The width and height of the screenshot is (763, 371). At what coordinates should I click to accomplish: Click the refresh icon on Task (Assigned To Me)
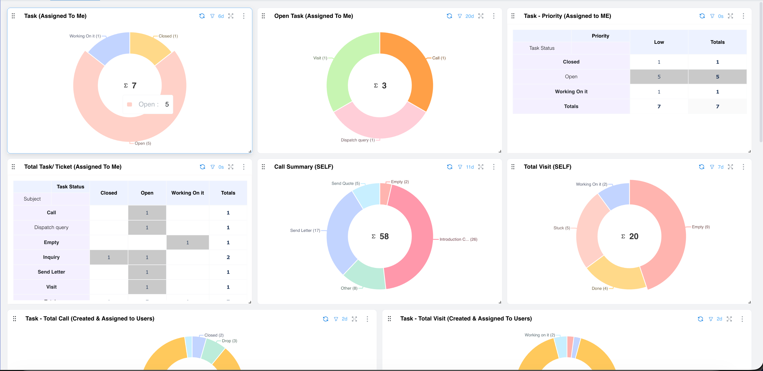pos(202,16)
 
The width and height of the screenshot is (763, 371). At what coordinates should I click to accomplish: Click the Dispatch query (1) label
pos(357,140)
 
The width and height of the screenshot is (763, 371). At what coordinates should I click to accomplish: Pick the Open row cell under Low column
pos(659,77)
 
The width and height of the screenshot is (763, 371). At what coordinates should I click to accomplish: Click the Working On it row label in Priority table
pos(571,91)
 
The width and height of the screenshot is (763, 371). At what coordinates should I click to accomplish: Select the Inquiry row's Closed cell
pos(109,257)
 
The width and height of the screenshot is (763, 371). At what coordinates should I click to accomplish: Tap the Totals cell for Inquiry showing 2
pos(228,257)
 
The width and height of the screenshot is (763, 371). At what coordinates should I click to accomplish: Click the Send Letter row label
pos(51,272)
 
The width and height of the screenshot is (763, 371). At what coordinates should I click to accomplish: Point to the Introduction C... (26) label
pos(458,239)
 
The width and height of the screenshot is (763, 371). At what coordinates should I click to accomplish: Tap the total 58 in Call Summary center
pos(384,236)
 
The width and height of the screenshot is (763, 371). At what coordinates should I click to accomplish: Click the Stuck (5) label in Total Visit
pos(561,228)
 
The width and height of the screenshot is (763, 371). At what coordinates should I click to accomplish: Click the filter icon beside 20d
pos(460,16)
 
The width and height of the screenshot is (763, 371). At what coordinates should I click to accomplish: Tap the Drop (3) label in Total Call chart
pos(229,341)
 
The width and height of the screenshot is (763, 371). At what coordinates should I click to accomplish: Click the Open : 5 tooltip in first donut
pos(148,104)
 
